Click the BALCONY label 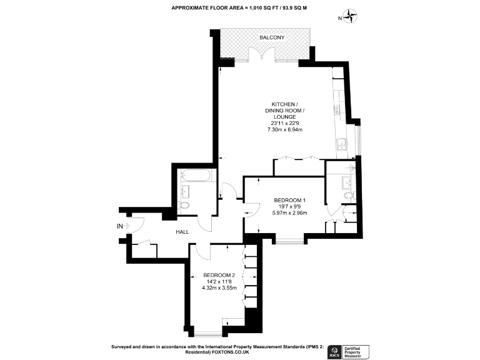pos(272,37)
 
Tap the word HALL pos(182,232)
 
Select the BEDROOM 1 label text pos(290,200)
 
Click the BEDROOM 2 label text pos(219,275)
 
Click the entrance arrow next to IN pos(127,226)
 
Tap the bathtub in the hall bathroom pos(194,176)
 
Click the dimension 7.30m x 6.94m pos(285,130)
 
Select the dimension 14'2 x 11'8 pos(219,282)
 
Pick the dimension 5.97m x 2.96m pos(290,213)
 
